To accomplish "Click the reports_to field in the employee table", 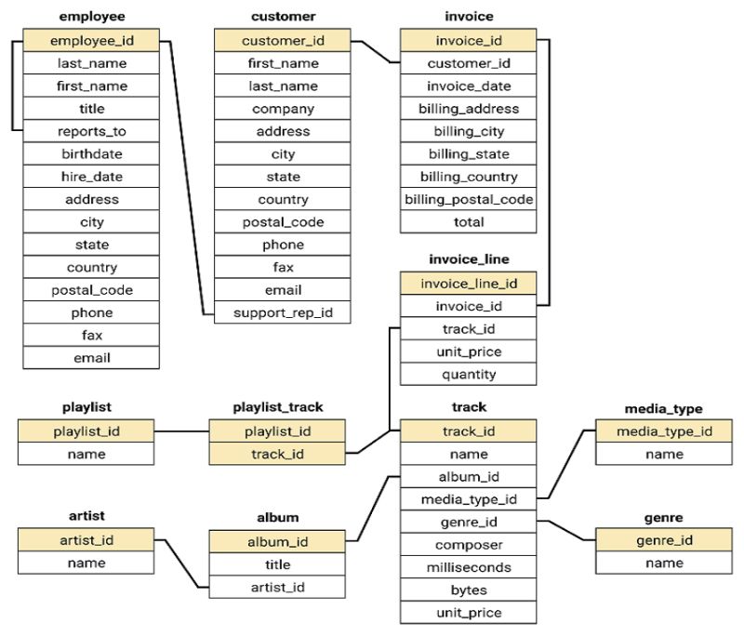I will (91, 131).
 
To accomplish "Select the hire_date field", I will (91, 177).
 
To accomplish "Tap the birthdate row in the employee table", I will (91, 153).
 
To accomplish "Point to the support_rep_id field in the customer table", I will (283, 312).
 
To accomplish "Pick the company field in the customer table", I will (283, 109).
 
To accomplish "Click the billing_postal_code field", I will (469, 199).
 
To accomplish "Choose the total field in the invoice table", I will (469, 222).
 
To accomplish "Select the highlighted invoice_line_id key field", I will (469, 283).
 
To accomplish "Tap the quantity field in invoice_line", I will (469, 374).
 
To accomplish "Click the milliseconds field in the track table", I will (469, 567).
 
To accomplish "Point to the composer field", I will (469, 545).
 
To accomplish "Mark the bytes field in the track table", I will (469, 590).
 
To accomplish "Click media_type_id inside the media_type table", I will (664, 431).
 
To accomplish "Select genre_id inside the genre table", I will (664, 540).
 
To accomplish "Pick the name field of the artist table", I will (86, 563).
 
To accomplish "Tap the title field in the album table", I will (277, 564).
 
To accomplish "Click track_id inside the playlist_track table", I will (277, 454).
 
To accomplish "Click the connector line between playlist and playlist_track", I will (181, 431).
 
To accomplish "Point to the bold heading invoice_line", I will (469, 258).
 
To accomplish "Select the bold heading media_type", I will (664, 408).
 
